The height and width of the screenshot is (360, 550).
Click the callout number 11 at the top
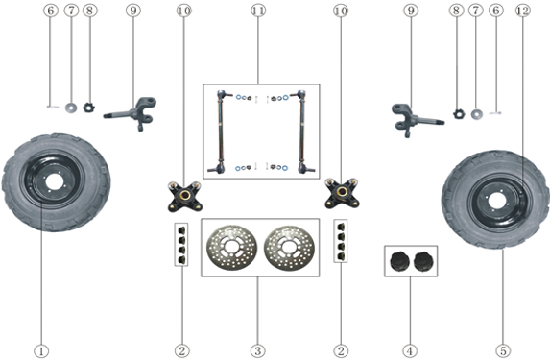coord(258,11)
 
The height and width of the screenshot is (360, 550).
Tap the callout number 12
coord(522,11)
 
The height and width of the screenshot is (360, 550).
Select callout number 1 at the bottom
coord(41,350)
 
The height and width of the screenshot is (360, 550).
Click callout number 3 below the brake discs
coord(258,350)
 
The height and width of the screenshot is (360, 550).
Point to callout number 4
coord(410,350)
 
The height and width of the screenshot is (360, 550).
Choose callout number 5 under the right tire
coord(503,350)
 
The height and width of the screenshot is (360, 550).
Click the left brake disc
coord(231,248)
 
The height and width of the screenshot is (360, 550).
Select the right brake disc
coord(289,248)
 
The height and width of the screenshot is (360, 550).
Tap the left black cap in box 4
coord(398,261)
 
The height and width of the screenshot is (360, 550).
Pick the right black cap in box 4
coord(422,261)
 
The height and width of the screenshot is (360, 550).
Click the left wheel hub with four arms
coord(184,196)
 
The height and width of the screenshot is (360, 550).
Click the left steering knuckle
coord(133,112)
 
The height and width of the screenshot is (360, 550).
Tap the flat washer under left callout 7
coord(71,108)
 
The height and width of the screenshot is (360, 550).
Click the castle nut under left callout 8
coord(89,107)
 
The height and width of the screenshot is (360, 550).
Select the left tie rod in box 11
coord(220,132)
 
